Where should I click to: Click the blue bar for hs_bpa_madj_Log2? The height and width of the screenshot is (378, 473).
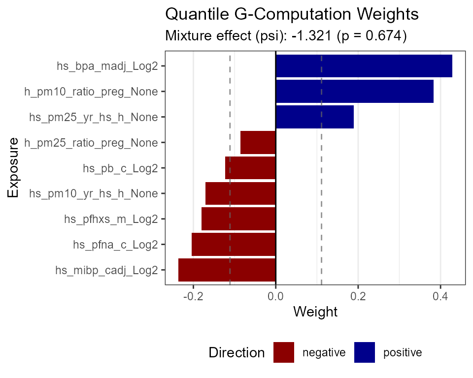point(364,66)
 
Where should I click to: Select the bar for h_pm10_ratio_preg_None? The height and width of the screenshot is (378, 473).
point(354,92)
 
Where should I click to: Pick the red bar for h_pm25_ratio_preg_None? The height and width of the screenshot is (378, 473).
point(258,143)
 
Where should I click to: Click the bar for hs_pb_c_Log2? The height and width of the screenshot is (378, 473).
point(250,168)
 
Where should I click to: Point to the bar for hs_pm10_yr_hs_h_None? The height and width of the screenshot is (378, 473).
point(240,194)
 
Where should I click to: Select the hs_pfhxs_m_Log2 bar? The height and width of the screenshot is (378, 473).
point(238,220)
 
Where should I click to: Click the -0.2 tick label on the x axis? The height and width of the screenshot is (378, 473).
point(193,296)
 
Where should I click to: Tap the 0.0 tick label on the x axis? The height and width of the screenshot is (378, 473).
point(275,296)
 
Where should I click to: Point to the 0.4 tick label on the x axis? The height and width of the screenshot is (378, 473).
point(440,296)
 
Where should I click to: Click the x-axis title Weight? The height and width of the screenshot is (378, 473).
point(315,312)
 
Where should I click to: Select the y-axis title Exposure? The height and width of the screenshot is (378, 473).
point(13,168)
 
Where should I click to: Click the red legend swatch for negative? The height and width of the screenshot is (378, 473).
point(284,352)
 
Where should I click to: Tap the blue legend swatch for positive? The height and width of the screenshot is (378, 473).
point(365,352)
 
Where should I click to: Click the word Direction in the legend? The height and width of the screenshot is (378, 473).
point(236,353)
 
